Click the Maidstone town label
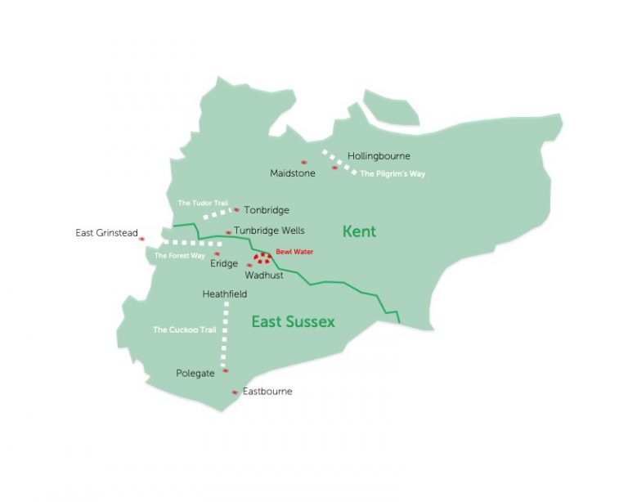[293, 173]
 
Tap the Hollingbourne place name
[379, 155]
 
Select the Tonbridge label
[266, 210]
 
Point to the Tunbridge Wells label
[269, 231]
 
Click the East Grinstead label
[106, 233]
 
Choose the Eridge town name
[224, 263]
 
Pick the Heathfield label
[224, 294]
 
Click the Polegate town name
[195, 374]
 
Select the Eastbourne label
[267, 392]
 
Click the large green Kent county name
[359, 232]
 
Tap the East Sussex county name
[293, 322]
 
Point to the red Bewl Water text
[294, 253]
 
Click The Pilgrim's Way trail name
[392, 174]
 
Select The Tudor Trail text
[203, 203]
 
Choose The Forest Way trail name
[179, 256]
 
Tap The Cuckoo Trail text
[184, 330]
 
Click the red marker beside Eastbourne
[235, 392]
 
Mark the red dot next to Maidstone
[304, 162]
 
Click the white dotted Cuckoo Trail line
[223, 335]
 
